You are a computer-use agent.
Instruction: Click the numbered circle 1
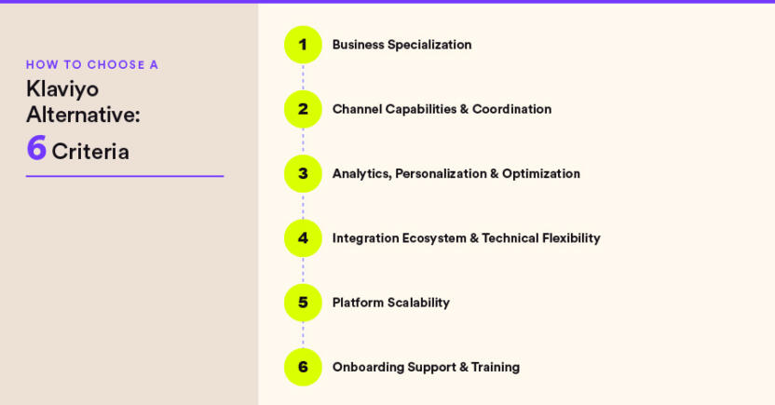tap(303, 45)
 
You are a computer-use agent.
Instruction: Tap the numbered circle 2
tap(303, 109)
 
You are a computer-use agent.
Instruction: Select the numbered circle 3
tap(303, 173)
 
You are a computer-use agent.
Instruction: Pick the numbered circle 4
tap(303, 238)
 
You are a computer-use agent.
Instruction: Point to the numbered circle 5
tap(303, 303)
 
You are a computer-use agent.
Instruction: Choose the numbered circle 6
tap(303, 367)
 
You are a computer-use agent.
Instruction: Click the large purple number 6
tap(36, 149)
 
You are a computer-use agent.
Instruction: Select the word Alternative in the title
tap(83, 115)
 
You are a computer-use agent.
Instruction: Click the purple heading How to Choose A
tap(92, 64)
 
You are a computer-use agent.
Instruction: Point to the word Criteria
tap(90, 151)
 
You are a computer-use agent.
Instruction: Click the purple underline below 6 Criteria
tap(125, 176)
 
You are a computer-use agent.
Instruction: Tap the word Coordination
tap(511, 109)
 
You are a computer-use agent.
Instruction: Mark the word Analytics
tap(360, 174)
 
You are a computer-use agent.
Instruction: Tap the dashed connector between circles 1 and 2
tap(303, 77)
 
